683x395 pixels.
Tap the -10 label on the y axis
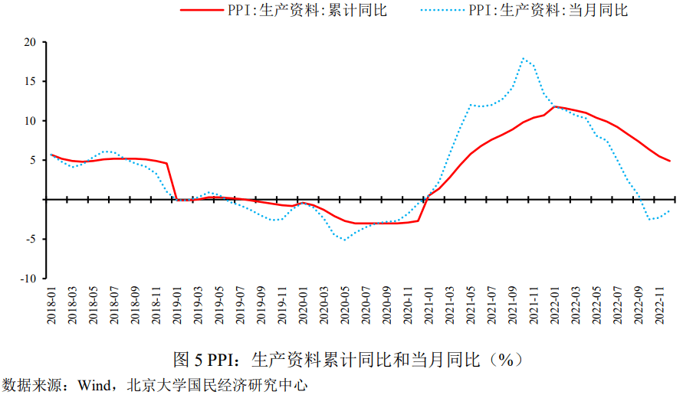click(28, 279)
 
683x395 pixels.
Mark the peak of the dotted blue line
click(523, 58)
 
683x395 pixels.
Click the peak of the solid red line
click(554, 106)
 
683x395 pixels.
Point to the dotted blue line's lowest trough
click(344, 240)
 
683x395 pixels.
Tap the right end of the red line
click(669, 161)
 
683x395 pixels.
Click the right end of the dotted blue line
click(669, 211)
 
